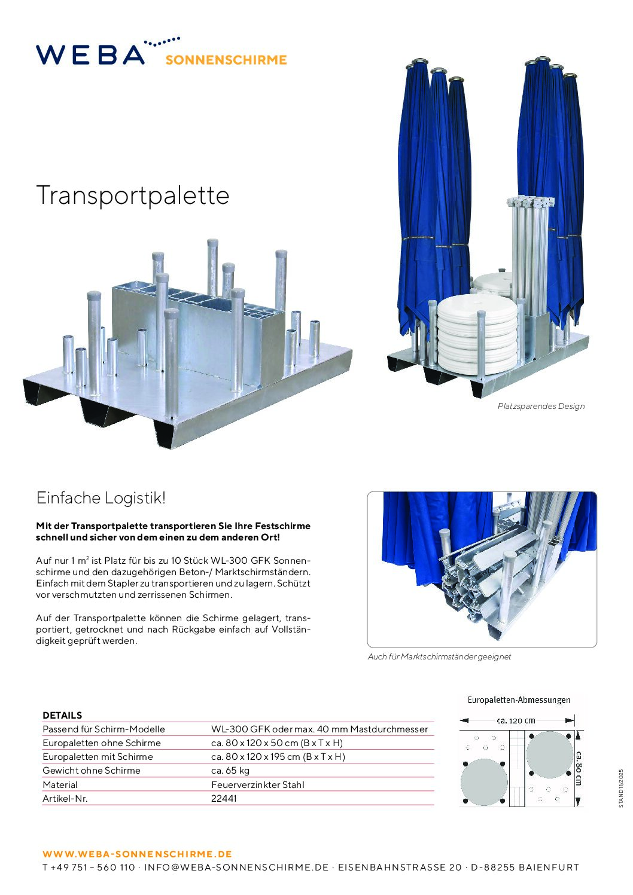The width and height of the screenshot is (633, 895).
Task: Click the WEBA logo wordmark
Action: point(90,54)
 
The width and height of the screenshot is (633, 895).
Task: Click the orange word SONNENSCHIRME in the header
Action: point(226,60)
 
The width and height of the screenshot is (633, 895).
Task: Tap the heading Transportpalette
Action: point(133,196)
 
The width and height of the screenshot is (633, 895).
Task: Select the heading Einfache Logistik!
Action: point(101,497)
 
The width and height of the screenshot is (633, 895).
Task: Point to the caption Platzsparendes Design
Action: point(541,406)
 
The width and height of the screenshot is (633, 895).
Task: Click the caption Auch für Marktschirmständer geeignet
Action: point(439,656)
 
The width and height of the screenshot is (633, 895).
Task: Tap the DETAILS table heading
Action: point(62,715)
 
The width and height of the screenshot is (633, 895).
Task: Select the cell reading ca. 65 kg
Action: point(230,770)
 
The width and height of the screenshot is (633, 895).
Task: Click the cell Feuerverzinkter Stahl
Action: point(257,784)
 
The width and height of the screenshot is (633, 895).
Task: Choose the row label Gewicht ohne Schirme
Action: point(92,770)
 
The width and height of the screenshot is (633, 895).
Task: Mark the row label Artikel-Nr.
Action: point(65,798)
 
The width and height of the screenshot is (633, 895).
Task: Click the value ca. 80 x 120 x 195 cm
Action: point(278,756)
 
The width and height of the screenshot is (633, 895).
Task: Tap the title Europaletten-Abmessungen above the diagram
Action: point(518,699)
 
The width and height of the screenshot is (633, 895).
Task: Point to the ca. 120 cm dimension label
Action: point(516,720)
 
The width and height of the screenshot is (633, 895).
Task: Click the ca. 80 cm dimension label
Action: point(579,768)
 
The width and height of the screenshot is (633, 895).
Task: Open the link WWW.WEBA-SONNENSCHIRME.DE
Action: point(137,854)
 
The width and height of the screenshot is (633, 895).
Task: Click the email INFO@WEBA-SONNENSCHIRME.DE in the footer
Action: point(236,867)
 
